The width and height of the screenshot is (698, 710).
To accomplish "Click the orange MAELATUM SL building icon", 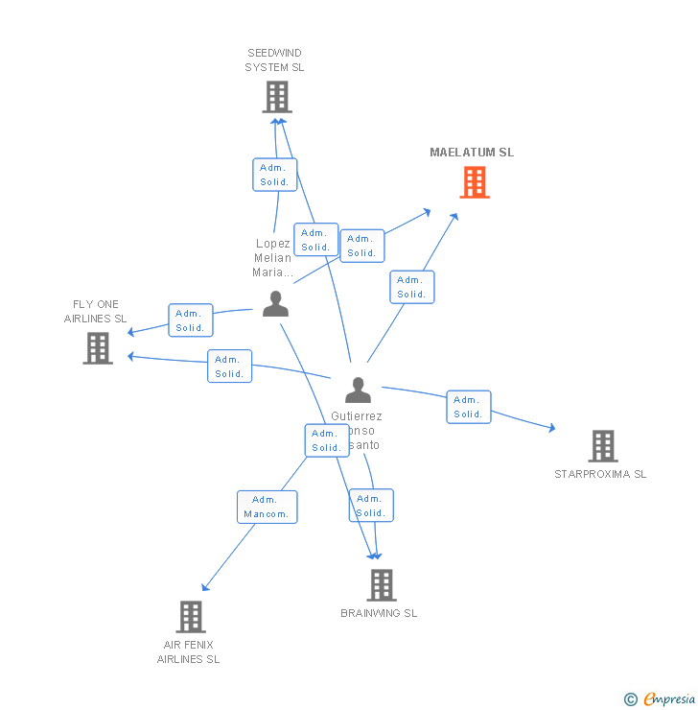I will click(475, 182).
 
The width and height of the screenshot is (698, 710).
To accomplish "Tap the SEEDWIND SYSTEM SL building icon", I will click(276, 97).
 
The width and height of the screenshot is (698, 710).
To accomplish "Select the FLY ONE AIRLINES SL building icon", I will click(98, 348).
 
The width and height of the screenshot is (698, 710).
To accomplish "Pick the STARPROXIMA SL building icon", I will click(602, 446).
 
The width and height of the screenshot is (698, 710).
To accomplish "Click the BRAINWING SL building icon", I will click(381, 584).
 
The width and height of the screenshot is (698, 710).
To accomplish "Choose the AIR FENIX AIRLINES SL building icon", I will click(191, 616).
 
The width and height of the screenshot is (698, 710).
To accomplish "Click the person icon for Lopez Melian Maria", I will click(275, 304).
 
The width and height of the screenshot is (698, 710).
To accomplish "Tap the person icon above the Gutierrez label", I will click(358, 390).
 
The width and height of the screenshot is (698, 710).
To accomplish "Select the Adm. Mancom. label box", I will click(267, 507).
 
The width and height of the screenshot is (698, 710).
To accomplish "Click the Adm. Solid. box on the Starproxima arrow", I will click(468, 407).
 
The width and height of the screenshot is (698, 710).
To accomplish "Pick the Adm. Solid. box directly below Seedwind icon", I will click(274, 175).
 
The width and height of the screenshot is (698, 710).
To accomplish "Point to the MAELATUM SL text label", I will click(472, 153).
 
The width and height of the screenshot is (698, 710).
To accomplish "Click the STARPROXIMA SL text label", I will click(600, 474).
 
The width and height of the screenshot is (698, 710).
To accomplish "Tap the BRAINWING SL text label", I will click(379, 613).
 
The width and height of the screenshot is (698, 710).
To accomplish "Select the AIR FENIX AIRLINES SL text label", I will click(188, 651).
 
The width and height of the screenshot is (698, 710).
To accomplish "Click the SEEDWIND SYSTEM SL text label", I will click(274, 60).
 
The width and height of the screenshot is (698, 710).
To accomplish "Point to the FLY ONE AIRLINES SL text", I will click(95, 312).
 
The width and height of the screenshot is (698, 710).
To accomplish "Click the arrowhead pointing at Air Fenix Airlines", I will click(204, 588).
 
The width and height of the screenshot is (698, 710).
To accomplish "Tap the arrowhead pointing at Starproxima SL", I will click(551, 429).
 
